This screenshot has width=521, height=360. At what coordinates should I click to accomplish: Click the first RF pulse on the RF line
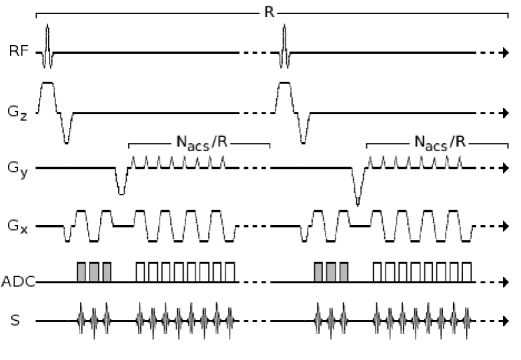pyautogui.click(x=47, y=49)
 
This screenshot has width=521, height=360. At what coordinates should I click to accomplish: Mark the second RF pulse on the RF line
pyautogui.click(x=285, y=49)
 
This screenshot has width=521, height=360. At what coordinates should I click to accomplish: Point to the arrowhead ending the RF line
pyautogui.click(x=506, y=50)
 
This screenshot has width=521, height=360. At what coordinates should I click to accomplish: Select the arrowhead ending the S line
pyautogui.click(x=506, y=320)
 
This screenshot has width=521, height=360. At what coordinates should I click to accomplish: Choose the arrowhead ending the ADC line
pyautogui.click(x=506, y=283)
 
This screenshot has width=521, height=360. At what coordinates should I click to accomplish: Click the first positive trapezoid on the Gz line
pyautogui.click(x=46, y=97)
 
